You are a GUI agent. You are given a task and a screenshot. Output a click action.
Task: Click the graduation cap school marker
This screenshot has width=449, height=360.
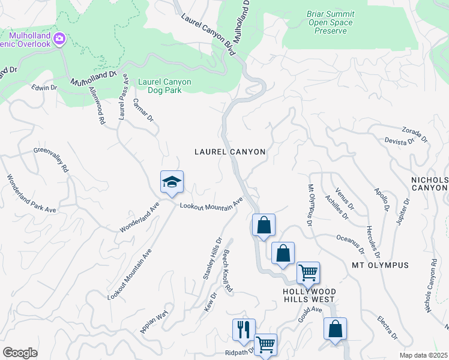tap(172, 182)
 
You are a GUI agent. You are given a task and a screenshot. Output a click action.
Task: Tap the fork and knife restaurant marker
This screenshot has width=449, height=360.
tap(244, 330)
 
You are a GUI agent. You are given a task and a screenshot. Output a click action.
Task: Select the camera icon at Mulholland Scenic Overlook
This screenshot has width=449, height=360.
tap(59, 40)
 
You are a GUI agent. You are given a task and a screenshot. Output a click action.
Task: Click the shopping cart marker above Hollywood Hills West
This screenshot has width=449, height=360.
tap(308, 273)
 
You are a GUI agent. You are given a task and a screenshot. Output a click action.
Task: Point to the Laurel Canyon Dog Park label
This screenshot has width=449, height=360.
tap(164, 86)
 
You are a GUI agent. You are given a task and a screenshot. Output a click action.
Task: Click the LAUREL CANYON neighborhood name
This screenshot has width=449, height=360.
tap(230, 152)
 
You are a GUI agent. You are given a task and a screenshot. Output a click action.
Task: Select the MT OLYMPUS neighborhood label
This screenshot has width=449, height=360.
tap(380, 265)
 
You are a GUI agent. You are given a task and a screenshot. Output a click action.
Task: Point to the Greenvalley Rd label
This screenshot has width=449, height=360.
tap(51, 160)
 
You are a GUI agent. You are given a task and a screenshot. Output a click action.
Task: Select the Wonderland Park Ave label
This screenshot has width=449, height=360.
tap(31, 194)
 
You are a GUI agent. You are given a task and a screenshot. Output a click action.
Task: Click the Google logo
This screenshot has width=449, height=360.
tap(20, 353)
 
